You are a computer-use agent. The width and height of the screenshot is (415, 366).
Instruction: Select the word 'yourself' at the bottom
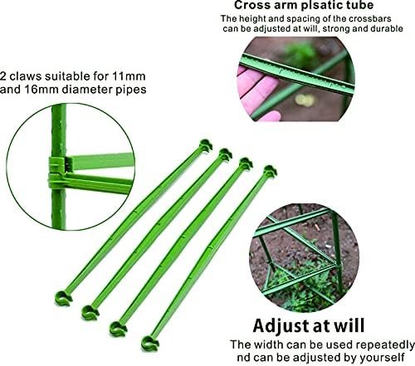click(383, 358)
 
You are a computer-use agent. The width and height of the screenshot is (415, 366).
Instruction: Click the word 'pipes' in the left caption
click(131, 90)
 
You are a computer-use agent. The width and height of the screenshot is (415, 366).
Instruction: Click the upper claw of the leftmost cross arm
click(206, 145)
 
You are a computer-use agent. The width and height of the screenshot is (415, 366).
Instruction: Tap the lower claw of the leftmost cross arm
click(63, 298)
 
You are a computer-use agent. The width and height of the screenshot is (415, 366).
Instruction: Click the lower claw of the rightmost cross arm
click(150, 344)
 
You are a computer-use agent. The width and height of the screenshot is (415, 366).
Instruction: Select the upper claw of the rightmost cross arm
click(271, 172)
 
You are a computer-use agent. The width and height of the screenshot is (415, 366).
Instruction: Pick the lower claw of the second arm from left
click(90, 313)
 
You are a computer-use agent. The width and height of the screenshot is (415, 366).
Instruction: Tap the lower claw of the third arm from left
click(118, 329)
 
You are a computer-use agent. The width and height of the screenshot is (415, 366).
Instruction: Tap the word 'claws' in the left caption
click(25, 76)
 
